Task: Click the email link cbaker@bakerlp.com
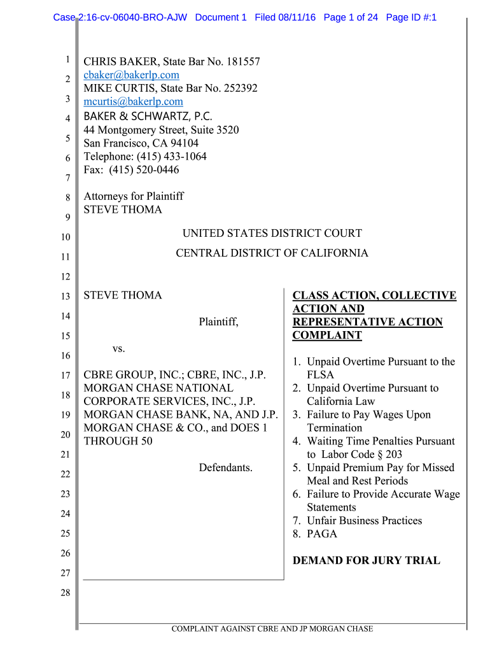(x=131, y=75)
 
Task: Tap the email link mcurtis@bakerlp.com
(x=133, y=102)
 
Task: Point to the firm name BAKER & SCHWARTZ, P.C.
(x=148, y=116)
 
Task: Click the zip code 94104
(x=184, y=143)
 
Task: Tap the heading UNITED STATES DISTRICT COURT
(x=272, y=234)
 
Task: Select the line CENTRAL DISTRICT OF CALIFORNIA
(x=272, y=253)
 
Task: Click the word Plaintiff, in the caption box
(x=218, y=322)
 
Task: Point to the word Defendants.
(x=225, y=468)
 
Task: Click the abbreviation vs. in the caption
(x=119, y=349)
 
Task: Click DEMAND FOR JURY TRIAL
(x=366, y=561)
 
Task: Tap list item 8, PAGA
(x=321, y=534)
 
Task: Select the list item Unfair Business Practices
(x=364, y=521)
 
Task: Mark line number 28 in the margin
(x=65, y=593)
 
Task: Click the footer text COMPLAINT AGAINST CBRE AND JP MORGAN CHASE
(x=272, y=629)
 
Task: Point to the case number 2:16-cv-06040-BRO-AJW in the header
(x=132, y=17)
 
